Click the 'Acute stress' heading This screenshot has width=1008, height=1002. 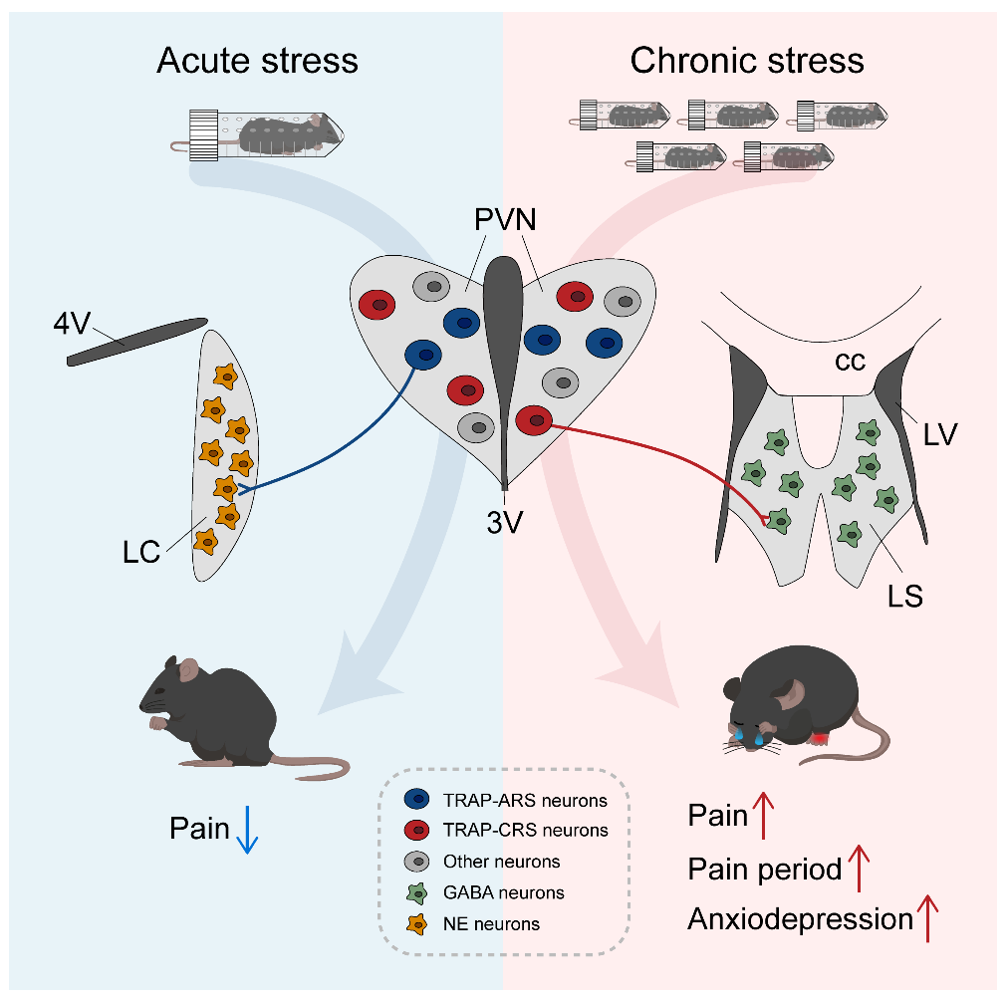pos(257,61)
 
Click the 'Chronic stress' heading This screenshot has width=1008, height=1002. pos(747,61)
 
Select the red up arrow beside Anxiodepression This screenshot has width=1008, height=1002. pos(928,918)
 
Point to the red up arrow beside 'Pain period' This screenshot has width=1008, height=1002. pos(859,868)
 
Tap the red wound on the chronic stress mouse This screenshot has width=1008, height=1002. pos(821,738)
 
